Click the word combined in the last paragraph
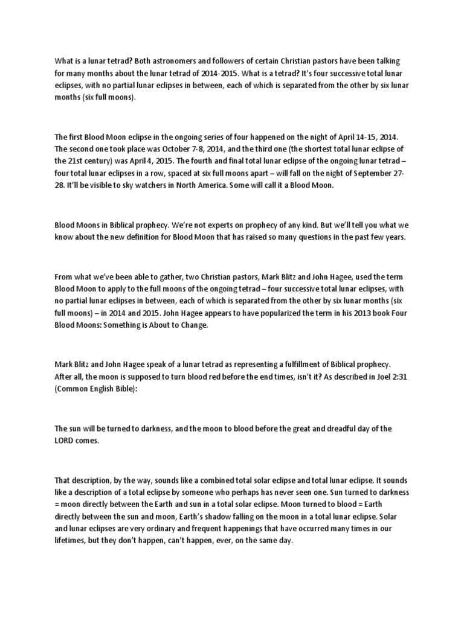[x=224, y=480]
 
